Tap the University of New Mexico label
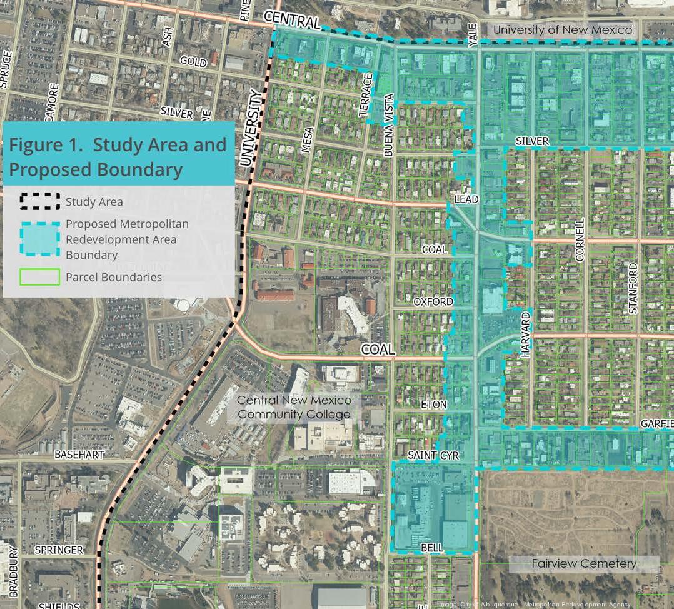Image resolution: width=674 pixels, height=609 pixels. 563,29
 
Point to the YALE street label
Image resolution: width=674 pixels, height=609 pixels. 473,34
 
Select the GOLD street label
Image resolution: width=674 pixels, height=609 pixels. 193,61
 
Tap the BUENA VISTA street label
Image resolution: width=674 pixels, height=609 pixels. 389,125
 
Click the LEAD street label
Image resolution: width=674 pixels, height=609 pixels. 466,199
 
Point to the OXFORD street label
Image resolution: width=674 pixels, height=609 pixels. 433,302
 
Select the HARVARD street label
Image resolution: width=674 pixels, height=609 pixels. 525,335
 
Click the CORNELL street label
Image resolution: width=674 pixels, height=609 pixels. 580,239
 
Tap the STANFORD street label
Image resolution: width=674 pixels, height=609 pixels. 633,288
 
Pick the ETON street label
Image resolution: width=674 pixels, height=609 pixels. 433,405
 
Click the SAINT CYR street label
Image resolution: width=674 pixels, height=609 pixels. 433,456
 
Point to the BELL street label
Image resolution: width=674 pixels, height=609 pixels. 432,548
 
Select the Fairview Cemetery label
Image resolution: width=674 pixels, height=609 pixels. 584,563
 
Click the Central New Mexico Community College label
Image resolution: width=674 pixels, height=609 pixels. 294,407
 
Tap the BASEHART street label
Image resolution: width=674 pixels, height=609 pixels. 79,455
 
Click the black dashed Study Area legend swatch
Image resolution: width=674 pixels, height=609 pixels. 40,201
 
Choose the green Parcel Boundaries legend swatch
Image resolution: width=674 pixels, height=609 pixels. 40,277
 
